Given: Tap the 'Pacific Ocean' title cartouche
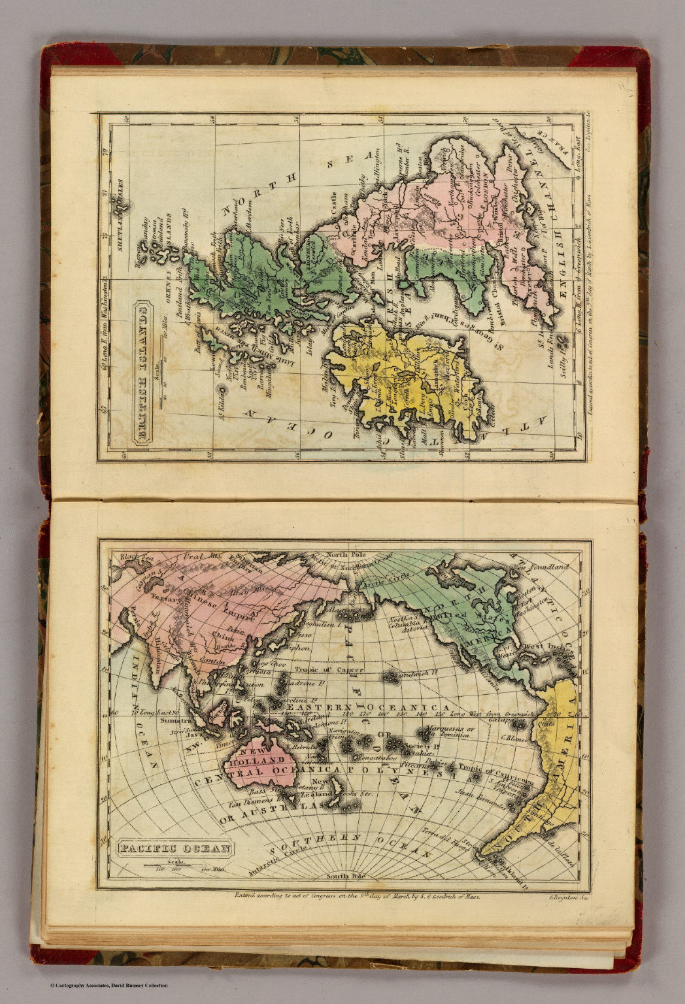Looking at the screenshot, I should click(x=175, y=849).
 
